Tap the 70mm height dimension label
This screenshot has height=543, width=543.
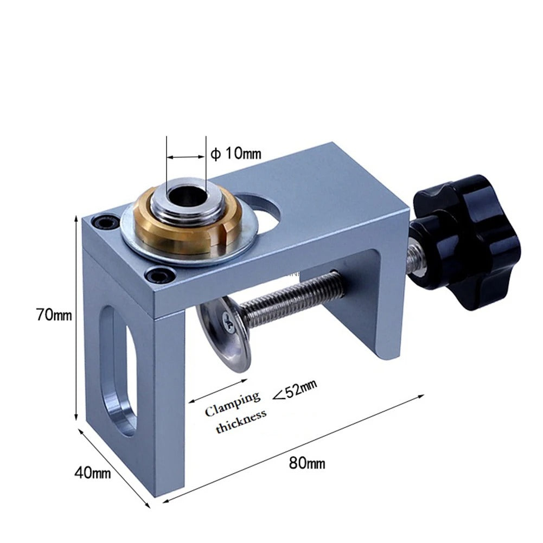54,315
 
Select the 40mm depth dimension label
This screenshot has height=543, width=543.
92,473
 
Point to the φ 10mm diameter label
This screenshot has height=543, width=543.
235,154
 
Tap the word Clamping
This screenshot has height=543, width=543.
232,404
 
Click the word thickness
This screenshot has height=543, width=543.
241,422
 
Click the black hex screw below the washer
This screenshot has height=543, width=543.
159,276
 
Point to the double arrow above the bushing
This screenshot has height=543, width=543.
186,157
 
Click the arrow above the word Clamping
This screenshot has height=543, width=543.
217,389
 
